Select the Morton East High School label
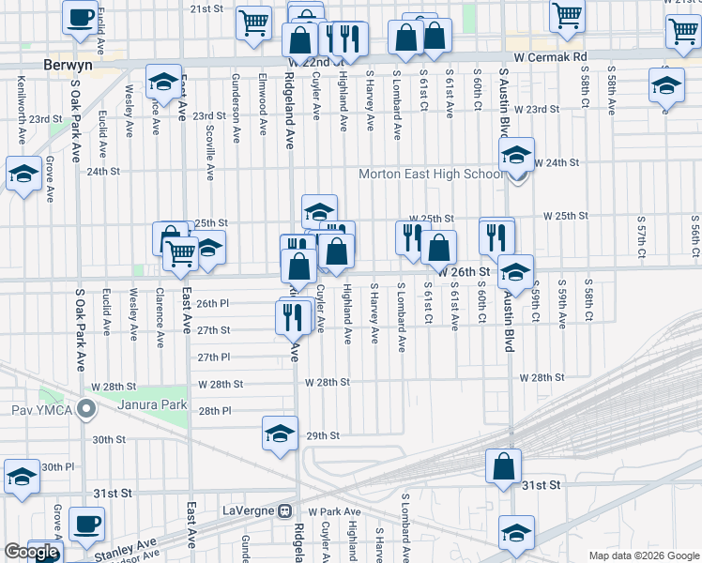pos(432,175)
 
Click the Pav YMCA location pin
pos(87,409)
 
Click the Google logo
pos(32,553)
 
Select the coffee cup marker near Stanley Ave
pos(86,525)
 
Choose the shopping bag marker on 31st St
pos(504,466)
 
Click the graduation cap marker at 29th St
pos(280,434)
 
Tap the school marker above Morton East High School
pos(516,155)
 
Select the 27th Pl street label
pos(214,358)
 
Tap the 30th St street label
pos(109,439)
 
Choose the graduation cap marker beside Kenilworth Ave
pos(23,174)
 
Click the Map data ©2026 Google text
pos(644,555)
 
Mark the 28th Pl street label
pos(214,411)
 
